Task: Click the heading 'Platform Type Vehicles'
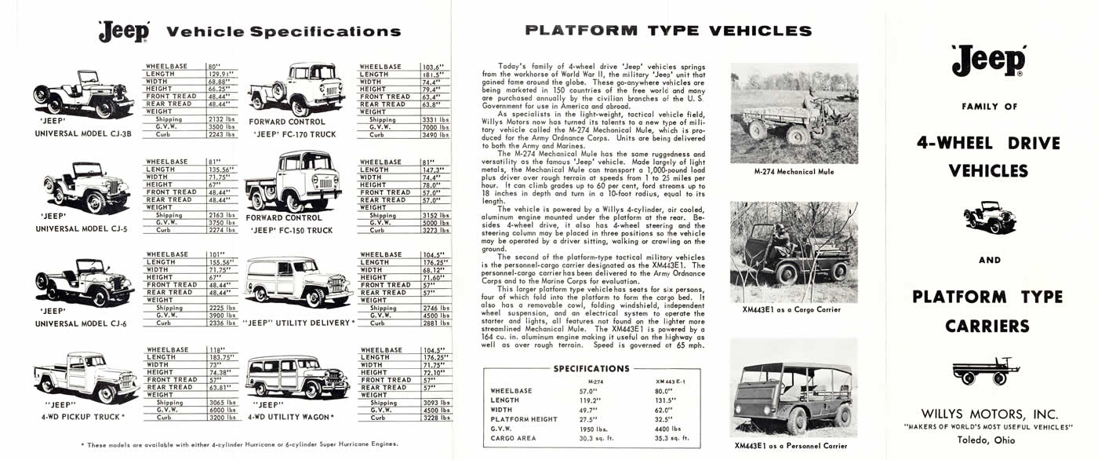(668, 31)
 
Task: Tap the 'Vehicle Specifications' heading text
(284, 32)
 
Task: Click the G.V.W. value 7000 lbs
(433, 127)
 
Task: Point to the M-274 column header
(594, 381)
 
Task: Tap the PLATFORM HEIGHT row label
(524, 419)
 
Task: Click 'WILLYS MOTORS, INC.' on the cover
(990, 414)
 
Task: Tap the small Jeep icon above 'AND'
(988, 217)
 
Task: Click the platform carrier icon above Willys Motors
(986, 370)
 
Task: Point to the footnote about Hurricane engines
(239, 444)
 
